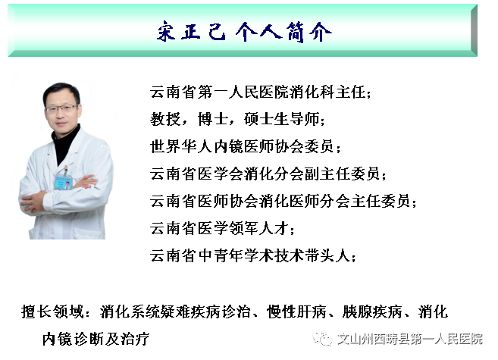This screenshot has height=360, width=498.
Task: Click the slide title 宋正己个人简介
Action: (x=244, y=32)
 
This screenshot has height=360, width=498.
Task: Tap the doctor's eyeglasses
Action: (x=61, y=109)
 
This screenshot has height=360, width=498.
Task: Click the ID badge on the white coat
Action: (x=63, y=182)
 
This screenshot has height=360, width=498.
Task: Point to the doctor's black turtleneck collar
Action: (x=64, y=142)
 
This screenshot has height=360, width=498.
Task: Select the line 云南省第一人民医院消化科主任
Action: (x=261, y=92)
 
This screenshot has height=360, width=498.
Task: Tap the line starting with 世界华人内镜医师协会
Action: (x=245, y=147)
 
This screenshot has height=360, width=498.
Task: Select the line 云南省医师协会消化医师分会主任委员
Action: (x=283, y=202)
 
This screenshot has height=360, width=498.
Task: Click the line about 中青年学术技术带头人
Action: (x=253, y=256)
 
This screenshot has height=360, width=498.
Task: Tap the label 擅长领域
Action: (x=52, y=311)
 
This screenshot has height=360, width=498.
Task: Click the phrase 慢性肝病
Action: (x=296, y=311)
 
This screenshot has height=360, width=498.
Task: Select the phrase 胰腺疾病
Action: (x=372, y=311)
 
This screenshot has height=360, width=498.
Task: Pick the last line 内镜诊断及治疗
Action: (x=96, y=339)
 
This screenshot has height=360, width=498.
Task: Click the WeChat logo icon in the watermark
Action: (x=321, y=339)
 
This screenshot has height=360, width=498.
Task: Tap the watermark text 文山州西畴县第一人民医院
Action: (x=410, y=339)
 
